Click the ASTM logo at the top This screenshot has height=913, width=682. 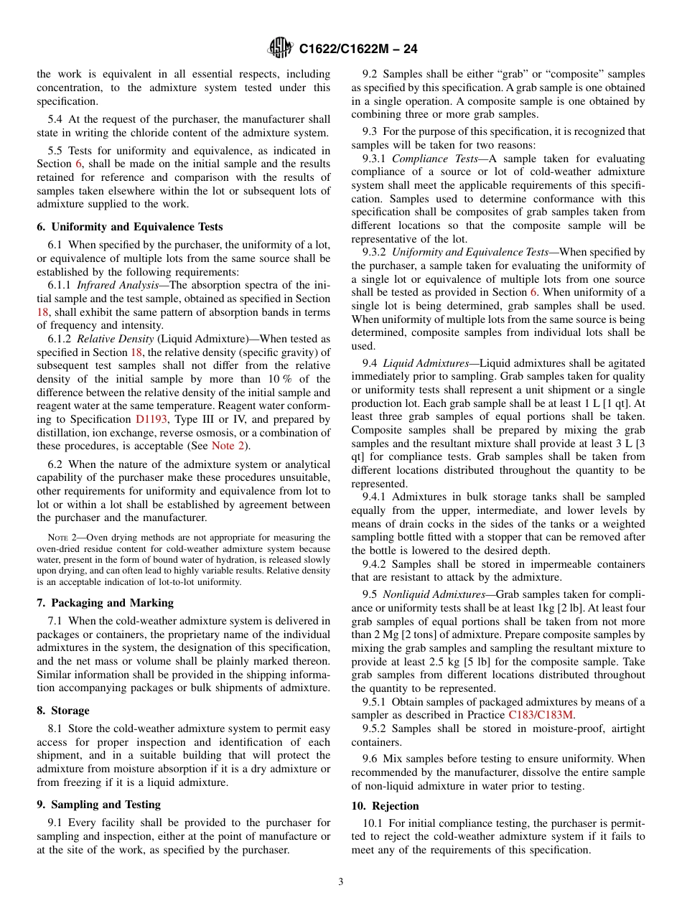pyautogui.click(x=280, y=48)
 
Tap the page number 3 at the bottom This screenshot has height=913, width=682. pyautogui.click(x=341, y=881)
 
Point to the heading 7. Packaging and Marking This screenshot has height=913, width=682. pyautogui.click(x=105, y=603)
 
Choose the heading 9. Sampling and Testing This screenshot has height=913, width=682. pyautogui.click(x=98, y=805)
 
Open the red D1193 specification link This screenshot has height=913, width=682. pyautogui.click(x=152, y=419)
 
